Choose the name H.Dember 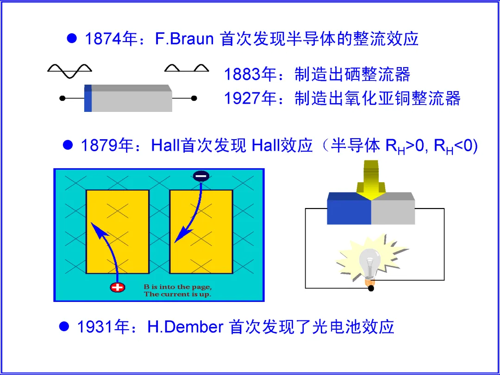pyautogui.click(x=185, y=327)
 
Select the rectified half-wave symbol pyautogui.click(x=187, y=69)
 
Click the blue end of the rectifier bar pyautogui.click(x=88, y=98)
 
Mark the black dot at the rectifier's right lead pyautogui.click(x=194, y=98)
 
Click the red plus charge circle pyautogui.click(x=118, y=287)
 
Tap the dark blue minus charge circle pyautogui.click(x=201, y=176)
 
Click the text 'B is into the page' pyautogui.click(x=177, y=287)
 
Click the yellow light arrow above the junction pyautogui.click(x=371, y=183)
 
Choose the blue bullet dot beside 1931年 pyautogui.click(x=64, y=326)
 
